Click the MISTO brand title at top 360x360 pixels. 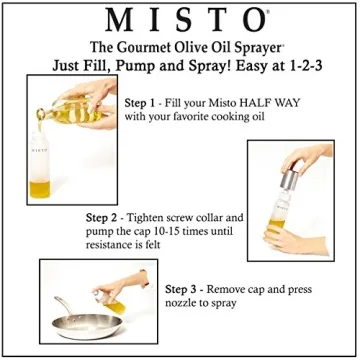click(180, 20)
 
